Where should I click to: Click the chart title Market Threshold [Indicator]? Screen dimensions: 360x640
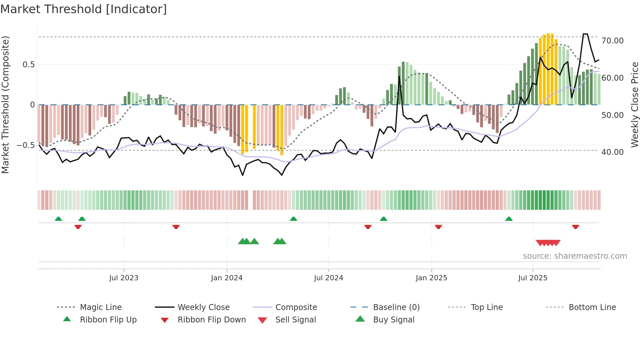(x=84, y=9)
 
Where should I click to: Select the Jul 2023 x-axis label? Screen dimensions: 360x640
(x=124, y=278)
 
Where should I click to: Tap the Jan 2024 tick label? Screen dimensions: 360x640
(x=227, y=278)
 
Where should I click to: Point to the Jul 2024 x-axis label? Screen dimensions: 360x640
(x=328, y=278)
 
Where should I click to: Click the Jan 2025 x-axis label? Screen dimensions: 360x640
(x=431, y=278)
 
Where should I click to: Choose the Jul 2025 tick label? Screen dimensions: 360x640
(x=533, y=278)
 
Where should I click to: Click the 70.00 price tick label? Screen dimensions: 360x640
(x=613, y=41)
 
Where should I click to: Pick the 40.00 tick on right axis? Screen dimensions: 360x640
(x=613, y=152)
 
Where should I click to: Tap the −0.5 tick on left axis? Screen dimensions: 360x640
(x=26, y=145)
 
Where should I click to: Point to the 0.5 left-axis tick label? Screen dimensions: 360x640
(x=28, y=65)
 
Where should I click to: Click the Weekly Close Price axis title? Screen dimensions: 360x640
(x=634, y=105)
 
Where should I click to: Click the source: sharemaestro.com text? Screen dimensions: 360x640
(x=575, y=256)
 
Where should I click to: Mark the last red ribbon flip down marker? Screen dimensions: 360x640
(x=575, y=227)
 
